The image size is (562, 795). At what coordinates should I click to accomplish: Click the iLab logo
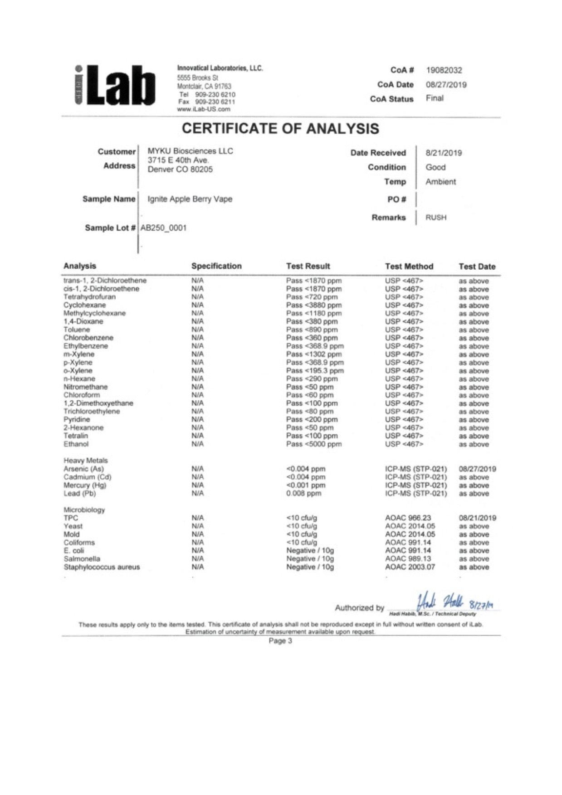pos(115,86)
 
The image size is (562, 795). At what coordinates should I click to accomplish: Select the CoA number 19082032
pos(444,70)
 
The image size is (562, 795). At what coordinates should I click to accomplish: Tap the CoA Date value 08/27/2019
pos(446,85)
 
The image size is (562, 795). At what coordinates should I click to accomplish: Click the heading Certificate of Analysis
pos(280,129)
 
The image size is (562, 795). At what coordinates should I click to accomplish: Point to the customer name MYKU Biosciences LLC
pos(190,151)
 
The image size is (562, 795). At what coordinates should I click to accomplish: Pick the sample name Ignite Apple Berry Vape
pos(190,199)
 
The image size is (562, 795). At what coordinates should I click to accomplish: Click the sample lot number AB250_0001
pos(163,228)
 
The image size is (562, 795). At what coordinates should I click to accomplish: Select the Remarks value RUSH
pos(435,218)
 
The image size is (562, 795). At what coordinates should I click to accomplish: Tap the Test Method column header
pos(409,267)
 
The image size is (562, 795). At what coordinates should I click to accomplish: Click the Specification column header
pos(216,266)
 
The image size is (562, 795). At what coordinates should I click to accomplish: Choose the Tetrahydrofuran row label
pos(89,297)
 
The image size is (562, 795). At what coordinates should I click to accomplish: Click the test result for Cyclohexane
pos(313,305)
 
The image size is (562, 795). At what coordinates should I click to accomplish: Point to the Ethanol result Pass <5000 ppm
pos(313,444)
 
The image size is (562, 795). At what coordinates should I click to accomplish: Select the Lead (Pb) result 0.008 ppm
pos(303,493)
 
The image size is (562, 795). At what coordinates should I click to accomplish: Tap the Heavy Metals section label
pos(86,461)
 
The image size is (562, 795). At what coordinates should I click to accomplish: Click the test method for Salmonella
pos(408,559)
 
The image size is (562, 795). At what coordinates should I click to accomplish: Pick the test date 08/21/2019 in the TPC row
pos(477,518)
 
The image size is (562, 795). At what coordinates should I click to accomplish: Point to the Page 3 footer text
pos(280,641)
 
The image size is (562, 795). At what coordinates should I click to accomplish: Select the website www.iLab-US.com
pos(204,109)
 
